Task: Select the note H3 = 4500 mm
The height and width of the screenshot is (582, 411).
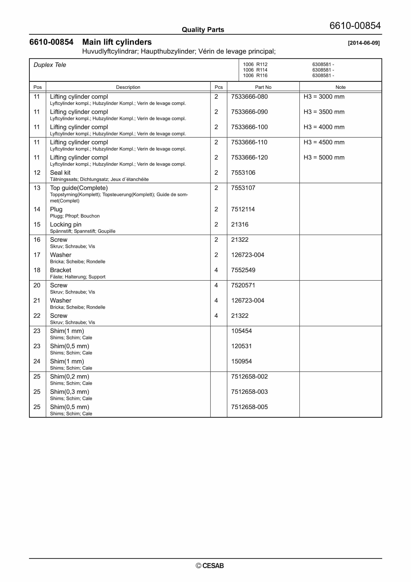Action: pos(324,142)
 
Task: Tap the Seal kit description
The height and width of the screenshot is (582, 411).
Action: pos(60,173)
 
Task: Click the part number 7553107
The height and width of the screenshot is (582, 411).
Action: pos(243,188)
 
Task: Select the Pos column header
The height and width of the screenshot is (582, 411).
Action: pos(37,87)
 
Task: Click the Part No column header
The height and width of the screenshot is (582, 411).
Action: pos(263,87)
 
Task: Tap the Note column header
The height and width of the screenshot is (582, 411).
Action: pos(340,87)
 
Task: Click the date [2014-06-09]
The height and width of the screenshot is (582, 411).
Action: pos(364,43)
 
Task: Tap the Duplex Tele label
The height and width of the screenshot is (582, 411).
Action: pos(50,65)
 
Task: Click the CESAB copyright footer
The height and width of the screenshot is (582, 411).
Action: pos(210,566)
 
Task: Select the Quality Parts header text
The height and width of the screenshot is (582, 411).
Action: pos(203,30)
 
